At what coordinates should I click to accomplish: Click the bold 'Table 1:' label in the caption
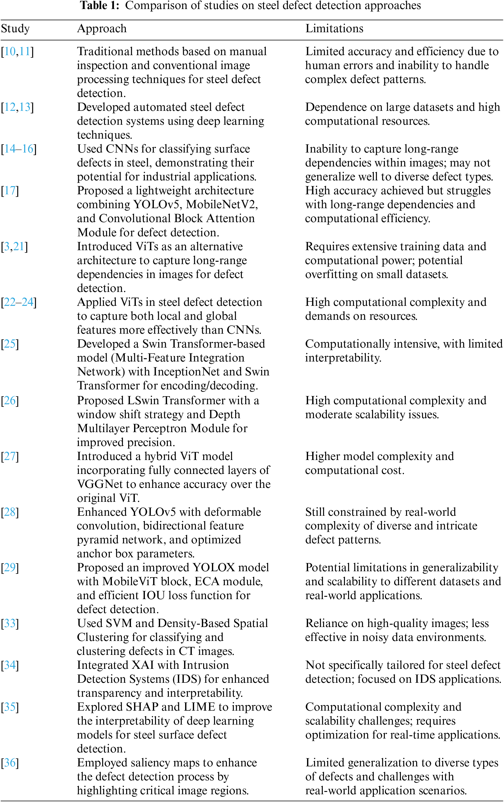[100, 6]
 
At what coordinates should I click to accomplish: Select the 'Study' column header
[15, 29]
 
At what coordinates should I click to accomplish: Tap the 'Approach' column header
[102, 29]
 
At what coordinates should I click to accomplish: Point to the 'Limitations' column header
[334, 29]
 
